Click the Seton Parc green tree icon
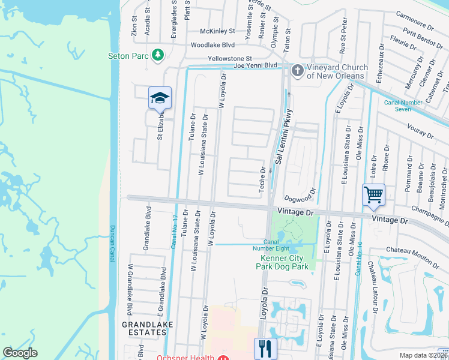tap(158, 55)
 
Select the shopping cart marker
tap(373, 194)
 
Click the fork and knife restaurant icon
tap(265, 347)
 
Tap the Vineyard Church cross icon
tap(297, 71)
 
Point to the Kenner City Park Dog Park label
tap(285, 263)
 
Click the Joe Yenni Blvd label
tap(255, 65)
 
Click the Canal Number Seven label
tap(406, 106)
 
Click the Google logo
tap(20, 353)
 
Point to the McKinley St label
tap(218, 31)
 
